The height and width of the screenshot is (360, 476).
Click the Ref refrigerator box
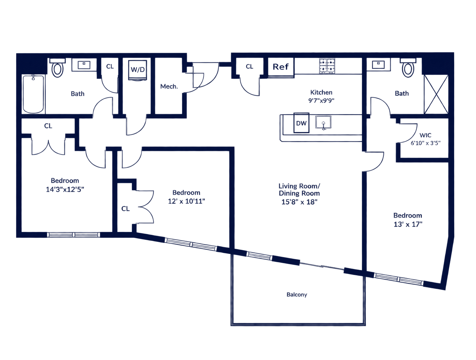[x=281, y=67]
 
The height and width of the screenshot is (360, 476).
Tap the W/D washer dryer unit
[x=138, y=70]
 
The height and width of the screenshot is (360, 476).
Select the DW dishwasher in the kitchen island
[x=301, y=123]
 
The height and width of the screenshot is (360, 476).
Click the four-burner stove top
[x=327, y=66]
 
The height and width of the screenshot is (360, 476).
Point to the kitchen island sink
[x=323, y=122]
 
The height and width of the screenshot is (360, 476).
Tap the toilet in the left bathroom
[x=57, y=67]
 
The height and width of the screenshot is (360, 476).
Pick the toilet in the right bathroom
[x=408, y=67]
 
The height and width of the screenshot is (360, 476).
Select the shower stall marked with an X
[x=436, y=94]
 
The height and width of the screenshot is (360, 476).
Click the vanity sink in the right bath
[x=378, y=64]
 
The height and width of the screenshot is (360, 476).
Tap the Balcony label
[x=297, y=295]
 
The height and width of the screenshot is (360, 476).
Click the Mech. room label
[x=169, y=86]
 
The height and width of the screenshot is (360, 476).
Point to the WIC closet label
[x=425, y=135]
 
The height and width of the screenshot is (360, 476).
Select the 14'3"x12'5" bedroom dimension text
[x=65, y=189]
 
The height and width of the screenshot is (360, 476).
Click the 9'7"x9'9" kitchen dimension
[x=321, y=101]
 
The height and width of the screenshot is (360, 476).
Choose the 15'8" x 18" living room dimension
[x=299, y=202]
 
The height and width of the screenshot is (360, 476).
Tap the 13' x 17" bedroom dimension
[x=408, y=224]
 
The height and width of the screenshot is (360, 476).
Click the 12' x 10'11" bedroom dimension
[x=186, y=201]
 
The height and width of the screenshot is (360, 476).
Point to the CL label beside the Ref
[x=249, y=67]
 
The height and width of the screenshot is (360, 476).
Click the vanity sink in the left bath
[x=84, y=65]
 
